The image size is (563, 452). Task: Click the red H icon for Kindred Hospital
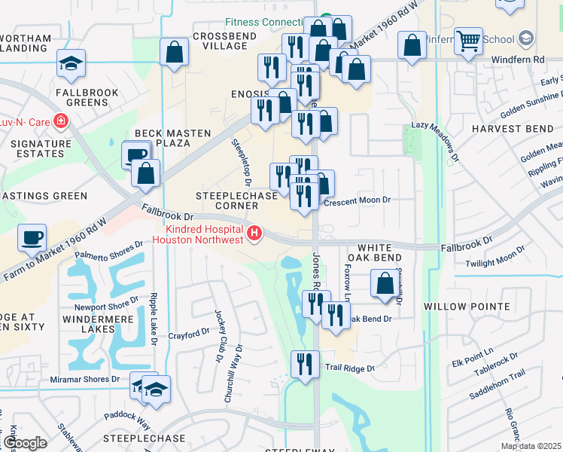pyautogui.click(x=254, y=234)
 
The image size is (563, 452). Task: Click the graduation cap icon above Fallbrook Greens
pyautogui.click(x=71, y=63)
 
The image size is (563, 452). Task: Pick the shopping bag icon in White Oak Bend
pyautogui.click(x=385, y=285)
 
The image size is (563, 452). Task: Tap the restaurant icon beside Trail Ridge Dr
pyautogui.click(x=305, y=365)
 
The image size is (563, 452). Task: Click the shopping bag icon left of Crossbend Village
pyautogui.click(x=174, y=53)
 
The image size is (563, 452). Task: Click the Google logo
pyautogui.click(x=24, y=443)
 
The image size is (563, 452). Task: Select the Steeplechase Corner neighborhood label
pyautogui.click(x=227, y=200)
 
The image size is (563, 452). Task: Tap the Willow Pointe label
pyautogui.click(x=467, y=307)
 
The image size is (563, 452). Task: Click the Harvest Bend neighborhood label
pyautogui.click(x=512, y=129)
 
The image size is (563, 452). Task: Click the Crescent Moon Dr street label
pyautogui.click(x=356, y=200)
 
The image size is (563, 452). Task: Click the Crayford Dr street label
pyautogui.click(x=188, y=333)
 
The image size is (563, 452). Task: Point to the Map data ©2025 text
pyautogui.click(x=530, y=446)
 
